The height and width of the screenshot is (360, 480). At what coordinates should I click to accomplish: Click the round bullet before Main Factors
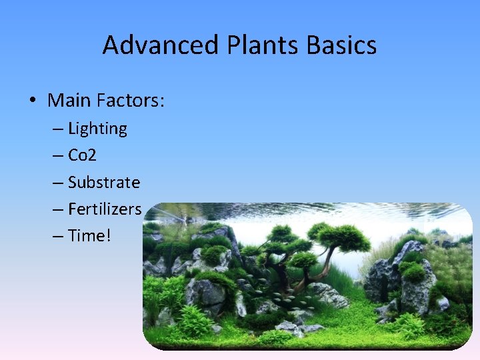(32, 101)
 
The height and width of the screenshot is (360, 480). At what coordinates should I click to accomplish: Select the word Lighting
(97, 129)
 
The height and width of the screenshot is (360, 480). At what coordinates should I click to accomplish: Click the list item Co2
(82, 155)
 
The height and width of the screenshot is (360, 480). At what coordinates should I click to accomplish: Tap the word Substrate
(104, 182)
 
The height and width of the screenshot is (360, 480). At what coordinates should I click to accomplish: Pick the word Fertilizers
(105, 209)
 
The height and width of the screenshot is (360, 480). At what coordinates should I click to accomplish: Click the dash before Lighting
(58, 129)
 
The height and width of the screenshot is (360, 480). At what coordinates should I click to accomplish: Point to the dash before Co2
(58, 155)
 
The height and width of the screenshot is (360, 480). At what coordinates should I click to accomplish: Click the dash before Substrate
(58, 182)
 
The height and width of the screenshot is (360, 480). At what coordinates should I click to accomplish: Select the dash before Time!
(58, 235)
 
